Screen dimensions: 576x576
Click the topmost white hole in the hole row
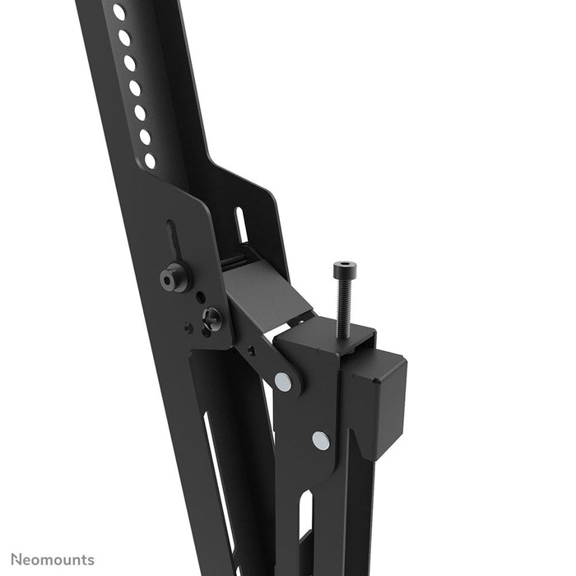[118, 12]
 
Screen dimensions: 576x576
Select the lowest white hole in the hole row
[150, 160]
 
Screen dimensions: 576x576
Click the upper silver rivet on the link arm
[282, 381]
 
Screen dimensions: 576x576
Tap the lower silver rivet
[320, 440]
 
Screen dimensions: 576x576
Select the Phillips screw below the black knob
[211, 316]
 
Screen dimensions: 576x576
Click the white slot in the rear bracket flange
[242, 225]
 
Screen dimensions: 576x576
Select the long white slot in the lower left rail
[215, 477]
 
